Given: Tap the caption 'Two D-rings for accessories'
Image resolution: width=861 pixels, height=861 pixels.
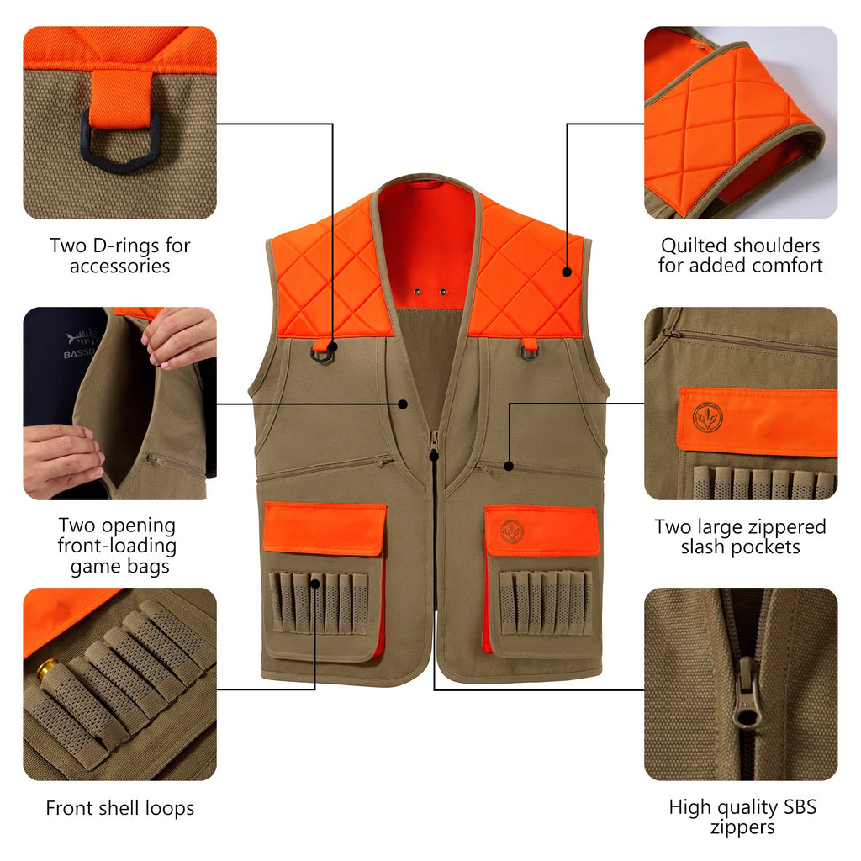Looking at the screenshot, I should point(120,256).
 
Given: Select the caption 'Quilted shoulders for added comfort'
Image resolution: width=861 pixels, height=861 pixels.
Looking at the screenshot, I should point(740,256).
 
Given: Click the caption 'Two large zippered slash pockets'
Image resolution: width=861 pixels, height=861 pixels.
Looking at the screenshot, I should point(740,536).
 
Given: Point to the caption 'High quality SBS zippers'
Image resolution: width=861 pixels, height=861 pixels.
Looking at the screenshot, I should point(742,817).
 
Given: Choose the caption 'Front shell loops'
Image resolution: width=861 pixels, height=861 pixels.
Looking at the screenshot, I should point(120,808).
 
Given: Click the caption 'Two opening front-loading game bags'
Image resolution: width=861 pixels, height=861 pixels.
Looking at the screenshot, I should point(119,546).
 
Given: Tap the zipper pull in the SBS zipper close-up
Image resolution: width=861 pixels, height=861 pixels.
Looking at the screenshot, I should point(745,694).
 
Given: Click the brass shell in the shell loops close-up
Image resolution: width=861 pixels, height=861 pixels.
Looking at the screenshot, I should point(47,669).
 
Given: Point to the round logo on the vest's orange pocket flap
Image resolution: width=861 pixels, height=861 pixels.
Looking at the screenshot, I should point(512,531).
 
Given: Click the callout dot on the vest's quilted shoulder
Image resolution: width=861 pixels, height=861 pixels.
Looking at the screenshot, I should point(568,272).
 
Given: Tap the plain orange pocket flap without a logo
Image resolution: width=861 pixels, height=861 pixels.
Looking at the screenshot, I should point(325,528).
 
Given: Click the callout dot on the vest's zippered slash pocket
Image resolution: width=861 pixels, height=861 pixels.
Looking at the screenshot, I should point(509,465).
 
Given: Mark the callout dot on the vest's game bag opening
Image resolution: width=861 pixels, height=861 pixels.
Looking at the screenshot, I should point(403,404).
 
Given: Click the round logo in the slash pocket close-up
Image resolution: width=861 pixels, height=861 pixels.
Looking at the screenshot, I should point(707,417).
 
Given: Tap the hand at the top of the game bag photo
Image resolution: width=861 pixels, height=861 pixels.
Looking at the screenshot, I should point(179,335).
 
